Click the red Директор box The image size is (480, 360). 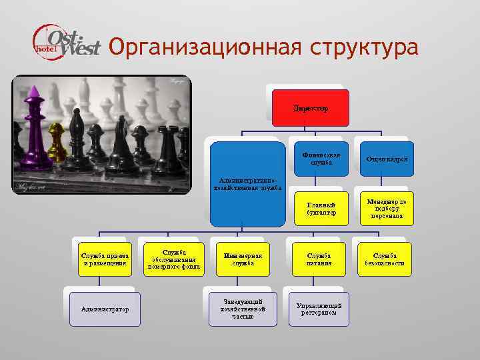tap(310, 107)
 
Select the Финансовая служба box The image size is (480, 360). tap(319, 159)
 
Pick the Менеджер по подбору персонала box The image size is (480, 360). tap(385, 207)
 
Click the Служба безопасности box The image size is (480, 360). tap(385, 259)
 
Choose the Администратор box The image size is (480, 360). tap(105, 309)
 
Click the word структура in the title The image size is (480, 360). tap(363, 47)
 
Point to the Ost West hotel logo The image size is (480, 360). tap(67, 42)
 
